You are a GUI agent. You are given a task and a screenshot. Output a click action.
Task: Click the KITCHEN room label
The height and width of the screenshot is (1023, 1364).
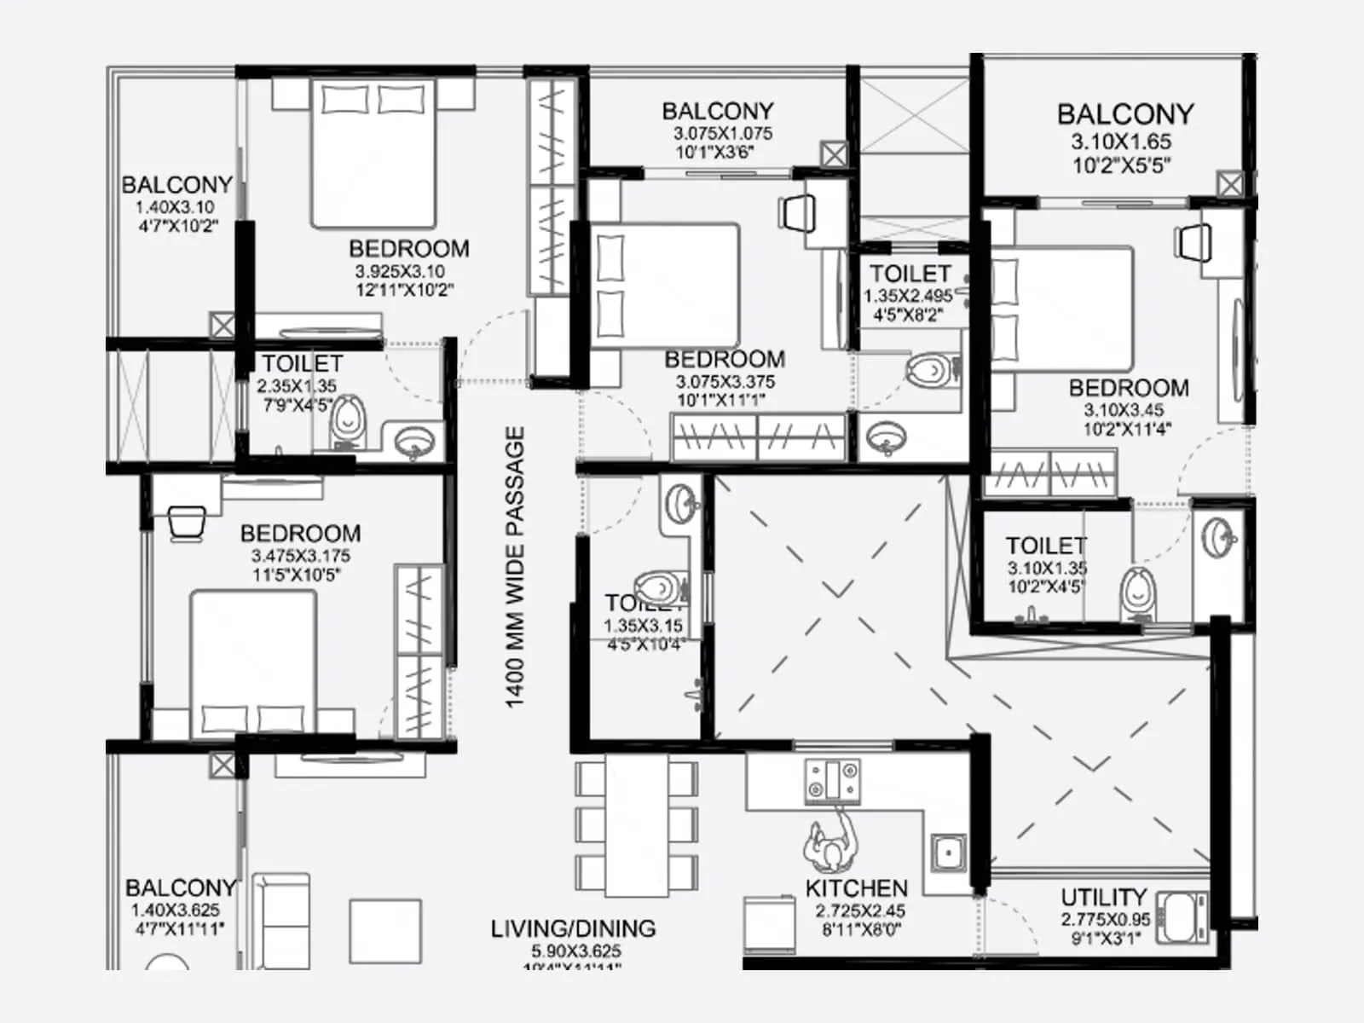[x=856, y=888]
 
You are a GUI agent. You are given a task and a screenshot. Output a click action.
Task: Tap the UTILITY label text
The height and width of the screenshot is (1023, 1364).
[x=1103, y=898]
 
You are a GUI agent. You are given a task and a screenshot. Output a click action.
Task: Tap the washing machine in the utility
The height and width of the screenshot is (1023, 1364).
[x=1182, y=917]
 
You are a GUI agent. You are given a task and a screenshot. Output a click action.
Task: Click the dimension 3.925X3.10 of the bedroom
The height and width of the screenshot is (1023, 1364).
[x=399, y=271]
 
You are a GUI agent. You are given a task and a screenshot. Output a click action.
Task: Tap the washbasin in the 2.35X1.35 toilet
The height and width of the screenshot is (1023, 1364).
[x=414, y=442]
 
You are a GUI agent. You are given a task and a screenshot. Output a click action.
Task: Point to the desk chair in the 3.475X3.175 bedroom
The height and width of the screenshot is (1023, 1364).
[x=187, y=522]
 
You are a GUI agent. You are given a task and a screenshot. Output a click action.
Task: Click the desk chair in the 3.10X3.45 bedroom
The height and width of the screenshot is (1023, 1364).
[x=1193, y=240]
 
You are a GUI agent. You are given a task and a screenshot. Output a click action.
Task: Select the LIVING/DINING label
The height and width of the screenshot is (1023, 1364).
[x=573, y=928]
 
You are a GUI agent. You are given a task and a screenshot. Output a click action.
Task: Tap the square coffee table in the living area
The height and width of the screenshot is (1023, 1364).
[x=384, y=931]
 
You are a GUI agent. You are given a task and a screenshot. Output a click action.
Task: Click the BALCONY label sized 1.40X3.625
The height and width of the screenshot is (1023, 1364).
[x=180, y=888]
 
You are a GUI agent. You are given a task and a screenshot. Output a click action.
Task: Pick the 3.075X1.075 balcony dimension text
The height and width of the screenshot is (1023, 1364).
[x=722, y=134]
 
